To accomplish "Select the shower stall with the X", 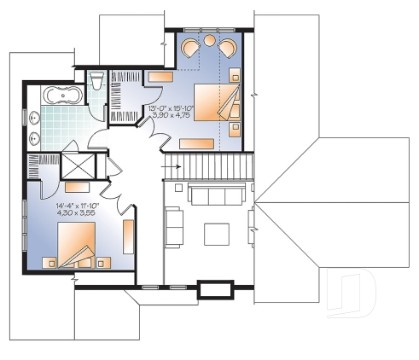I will tap(83, 165).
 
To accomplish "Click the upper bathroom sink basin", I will tap(34, 118).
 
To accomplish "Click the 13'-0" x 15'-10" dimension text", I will tap(172, 108).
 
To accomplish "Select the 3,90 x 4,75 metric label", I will tap(172, 116).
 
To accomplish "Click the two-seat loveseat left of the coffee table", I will tap(173, 226).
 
